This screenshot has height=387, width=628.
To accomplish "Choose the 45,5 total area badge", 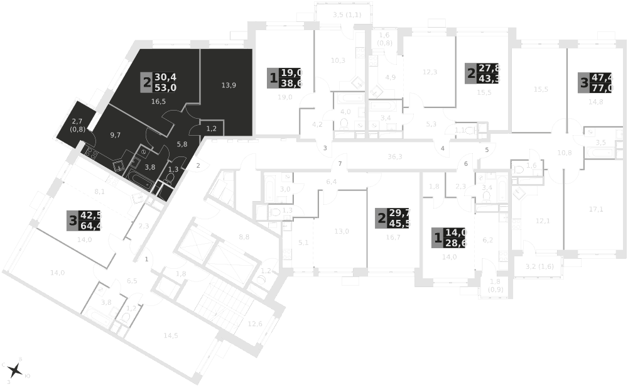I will point(399,223).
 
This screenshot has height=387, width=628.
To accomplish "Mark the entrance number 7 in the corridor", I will point(340,164).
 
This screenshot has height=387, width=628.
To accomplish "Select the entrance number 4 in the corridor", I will point(443,148).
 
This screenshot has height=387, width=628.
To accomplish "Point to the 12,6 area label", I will point(255,324).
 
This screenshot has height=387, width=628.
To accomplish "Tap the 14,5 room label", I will point(171,335).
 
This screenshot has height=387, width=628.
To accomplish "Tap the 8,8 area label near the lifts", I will point(245,237).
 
